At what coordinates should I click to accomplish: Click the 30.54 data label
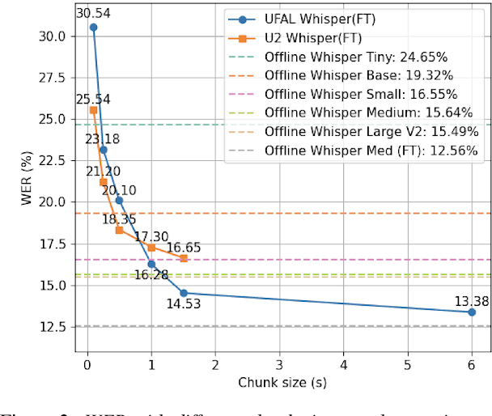point(93,13)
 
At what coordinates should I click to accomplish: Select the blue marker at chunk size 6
point(473,312)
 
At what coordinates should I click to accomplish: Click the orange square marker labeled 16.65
point(184,258)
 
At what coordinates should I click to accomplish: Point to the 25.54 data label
point(93,99)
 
